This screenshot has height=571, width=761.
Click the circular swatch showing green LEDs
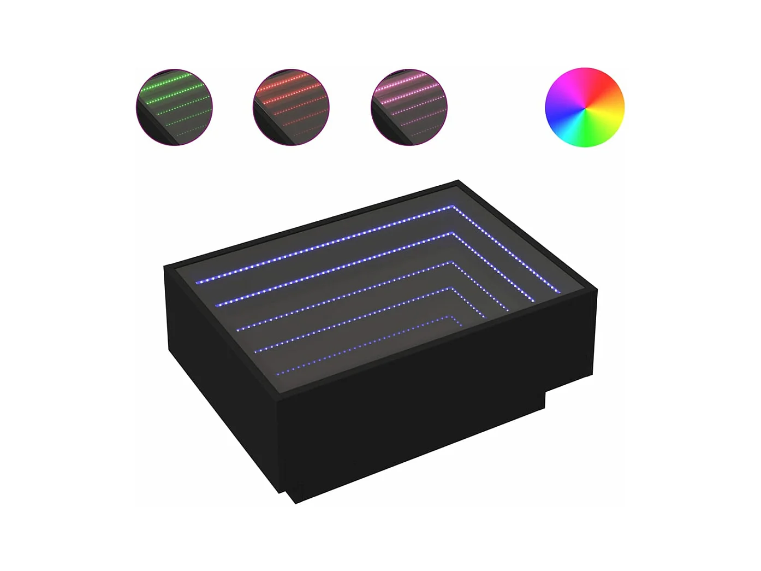click(x=174, y=107)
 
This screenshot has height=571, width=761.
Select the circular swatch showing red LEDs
click(x=291, y=107)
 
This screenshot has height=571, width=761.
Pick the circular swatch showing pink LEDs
click(x=409, y=107)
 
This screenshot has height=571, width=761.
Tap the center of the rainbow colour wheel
click(x=584, y=107)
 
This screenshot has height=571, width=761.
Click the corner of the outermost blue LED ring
click(x=453, y=207)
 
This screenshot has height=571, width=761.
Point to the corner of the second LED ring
click(x=451, y=234)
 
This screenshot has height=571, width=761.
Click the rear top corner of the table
click(x=458, y=181)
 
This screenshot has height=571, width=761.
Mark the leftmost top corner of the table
click(x=165, y=266)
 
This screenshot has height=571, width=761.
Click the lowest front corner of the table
click(x=295, y=503)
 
